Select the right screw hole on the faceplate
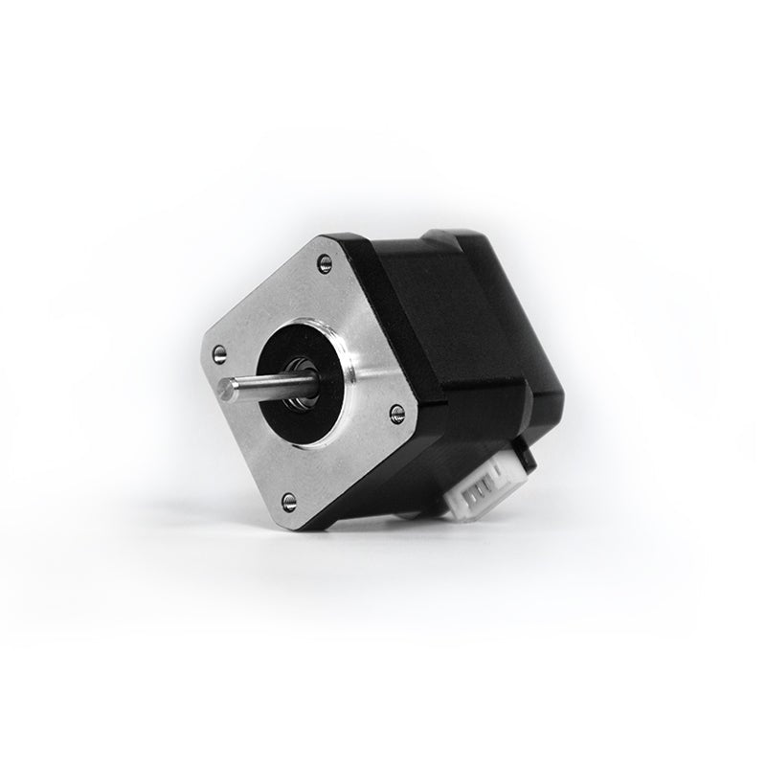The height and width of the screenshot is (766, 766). pyautogui.click(x=396, y=413)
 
